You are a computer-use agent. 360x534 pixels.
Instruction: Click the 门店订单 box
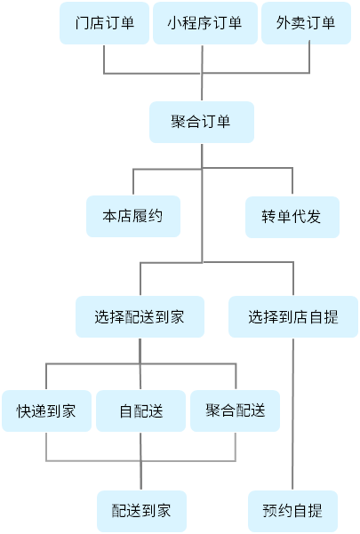click(x=104, y=23)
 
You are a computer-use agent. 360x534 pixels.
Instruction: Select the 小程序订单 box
click(x=205, y=23)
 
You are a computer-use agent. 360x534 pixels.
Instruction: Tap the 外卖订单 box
click(x=306, y=23)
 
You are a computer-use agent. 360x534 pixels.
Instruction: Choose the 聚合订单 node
click(x=202, y=122)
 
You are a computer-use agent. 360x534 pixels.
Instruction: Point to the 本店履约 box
click(x=133, y=216)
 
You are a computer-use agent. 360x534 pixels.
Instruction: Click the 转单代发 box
click(x=292, y=217)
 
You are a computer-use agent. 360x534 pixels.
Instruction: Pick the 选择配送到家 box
click(x=140, y=316)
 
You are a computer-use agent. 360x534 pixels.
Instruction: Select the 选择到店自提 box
click(x=293, y=316)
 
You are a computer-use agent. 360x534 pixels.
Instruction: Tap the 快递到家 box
click(x=46, y=410)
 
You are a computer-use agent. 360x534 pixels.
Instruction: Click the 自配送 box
click(x=140, y=410)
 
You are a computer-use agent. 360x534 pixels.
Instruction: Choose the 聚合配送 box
click(x=235, y=410)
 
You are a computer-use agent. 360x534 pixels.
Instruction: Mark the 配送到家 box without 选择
click(x=141, y=511)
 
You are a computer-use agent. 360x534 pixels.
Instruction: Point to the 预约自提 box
click(x=292, y=511)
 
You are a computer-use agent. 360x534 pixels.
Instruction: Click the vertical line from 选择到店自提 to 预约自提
click(x=292, y=414)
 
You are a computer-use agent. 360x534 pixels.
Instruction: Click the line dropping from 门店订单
click(x=104, y=59)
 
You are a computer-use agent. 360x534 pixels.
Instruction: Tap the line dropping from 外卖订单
click(x=309, y=57)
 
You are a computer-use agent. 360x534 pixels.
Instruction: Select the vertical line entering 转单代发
click(x=292, y=181)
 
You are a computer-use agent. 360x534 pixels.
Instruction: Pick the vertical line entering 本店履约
click(x=133, y=181)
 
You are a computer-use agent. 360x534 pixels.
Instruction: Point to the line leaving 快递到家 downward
click(x=46, y=446)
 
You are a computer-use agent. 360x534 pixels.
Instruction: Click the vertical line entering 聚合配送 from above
click(x=236, y=377)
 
